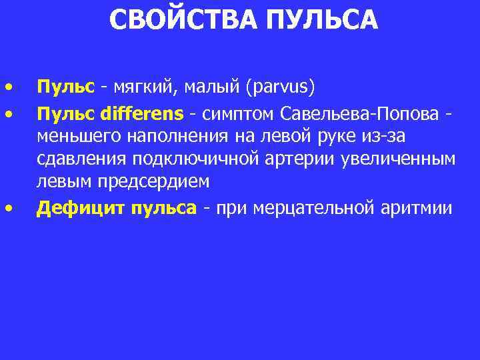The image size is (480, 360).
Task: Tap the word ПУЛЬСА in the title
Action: (321, 19)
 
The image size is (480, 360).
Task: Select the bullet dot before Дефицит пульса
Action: (9, 209)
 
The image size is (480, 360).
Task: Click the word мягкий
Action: (141, 87)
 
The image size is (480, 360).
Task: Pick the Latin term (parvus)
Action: (281, 87)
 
